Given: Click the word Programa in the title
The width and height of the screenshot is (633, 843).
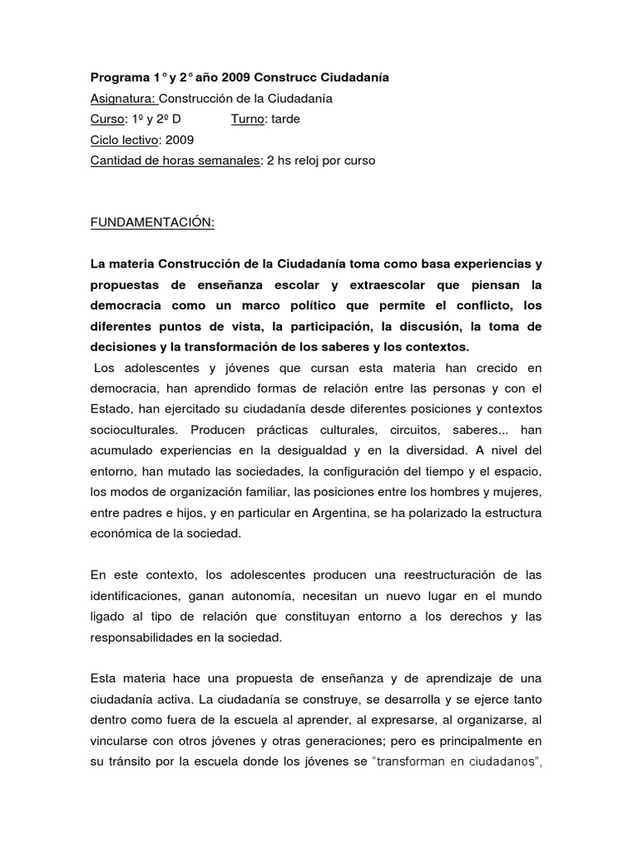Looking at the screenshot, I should coord(119,78).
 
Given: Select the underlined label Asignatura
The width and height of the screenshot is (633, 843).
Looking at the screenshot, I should coord(121,99).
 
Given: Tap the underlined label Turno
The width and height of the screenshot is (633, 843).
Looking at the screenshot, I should coord(246,119).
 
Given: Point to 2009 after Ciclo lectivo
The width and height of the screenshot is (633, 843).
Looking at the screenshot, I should coord(180,140).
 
